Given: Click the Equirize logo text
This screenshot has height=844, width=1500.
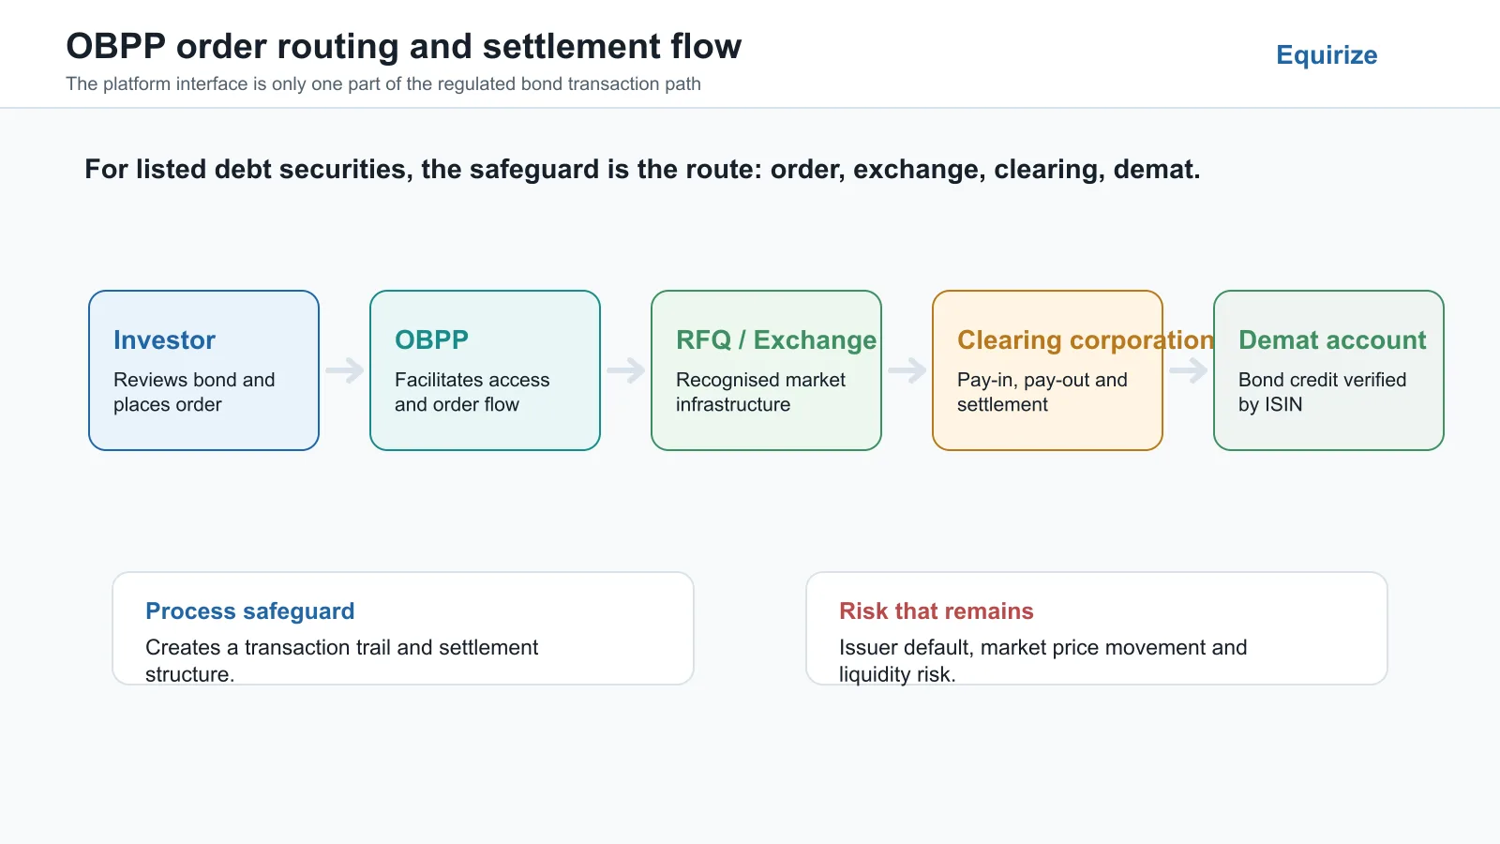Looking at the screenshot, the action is point(1327,55).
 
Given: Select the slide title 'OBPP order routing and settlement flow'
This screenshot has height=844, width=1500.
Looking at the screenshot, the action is point(404,46).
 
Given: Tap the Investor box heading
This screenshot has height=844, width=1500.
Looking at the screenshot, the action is point(164,339).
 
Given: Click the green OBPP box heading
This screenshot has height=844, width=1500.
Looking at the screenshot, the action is point(431,339).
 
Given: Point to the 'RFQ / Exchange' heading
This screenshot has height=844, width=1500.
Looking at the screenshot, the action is point(776,340).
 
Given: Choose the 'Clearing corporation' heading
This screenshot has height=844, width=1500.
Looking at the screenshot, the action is point(1086,340).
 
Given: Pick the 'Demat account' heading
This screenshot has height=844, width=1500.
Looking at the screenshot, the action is point(1332,339).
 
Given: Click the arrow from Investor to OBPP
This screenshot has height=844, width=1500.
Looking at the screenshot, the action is point(345,369).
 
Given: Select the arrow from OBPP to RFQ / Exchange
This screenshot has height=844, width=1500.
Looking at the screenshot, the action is point(626,369).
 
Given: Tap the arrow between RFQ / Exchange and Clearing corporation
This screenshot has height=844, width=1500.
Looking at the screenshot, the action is point(907,369).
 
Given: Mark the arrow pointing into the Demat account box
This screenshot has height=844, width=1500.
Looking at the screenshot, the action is point(1189,369).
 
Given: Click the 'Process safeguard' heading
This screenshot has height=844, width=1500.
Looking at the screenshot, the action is point(249,610).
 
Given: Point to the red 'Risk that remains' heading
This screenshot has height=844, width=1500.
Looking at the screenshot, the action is point(937,610).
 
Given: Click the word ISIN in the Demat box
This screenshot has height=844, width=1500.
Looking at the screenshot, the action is point(1283,404).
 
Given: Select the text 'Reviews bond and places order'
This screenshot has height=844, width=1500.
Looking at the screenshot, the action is point(194,392).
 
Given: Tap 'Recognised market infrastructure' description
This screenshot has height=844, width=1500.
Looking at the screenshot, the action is point(760,392).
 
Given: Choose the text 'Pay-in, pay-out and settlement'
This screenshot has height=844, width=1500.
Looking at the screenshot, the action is point(1042,392).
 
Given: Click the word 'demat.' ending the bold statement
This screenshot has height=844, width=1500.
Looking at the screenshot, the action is point(1157,170).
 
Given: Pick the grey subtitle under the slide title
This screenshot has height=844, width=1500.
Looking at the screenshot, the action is point(383,84).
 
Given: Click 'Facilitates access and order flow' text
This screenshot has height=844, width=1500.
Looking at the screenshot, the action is point(472,392).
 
